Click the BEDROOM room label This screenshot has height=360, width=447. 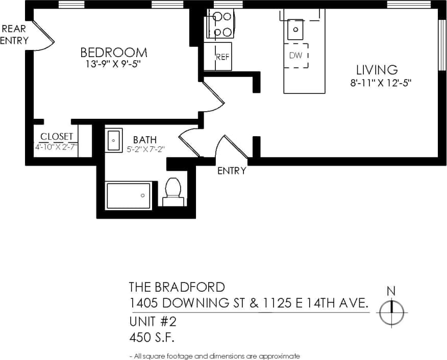(x=114, y=53)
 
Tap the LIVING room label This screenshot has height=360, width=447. (x=377, y=70)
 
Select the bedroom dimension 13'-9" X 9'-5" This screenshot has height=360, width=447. (x=114, y=65)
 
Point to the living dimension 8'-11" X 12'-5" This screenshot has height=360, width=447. (x=381, y=83)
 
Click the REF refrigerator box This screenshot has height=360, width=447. (x=218, y=57)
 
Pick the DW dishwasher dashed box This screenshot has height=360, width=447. (x=296, y=55)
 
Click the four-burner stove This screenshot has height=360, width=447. (x=219, y=25)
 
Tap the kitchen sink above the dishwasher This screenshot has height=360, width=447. (x=295, y=29)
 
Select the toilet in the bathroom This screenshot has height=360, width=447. (x=173, y=192)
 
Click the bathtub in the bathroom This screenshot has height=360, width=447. (x=129, y=195)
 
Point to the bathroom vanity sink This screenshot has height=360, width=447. (x=113, y=140)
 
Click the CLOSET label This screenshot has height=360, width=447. (x=57, y=137)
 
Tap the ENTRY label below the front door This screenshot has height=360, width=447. (x=232, y=171)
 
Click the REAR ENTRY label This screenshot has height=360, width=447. (x=14, y=35)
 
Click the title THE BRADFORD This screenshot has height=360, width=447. (x=177, y=287)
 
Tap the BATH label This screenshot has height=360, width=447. (x=144, y=140)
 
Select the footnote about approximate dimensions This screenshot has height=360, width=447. (x=214, y=356)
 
